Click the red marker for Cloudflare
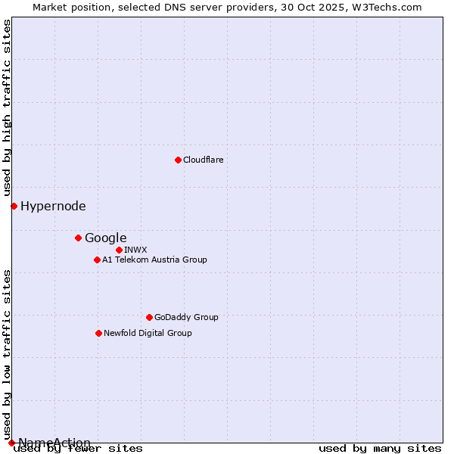178,160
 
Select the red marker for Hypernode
14,206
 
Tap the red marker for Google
78,238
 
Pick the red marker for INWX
119,250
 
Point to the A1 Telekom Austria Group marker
97,260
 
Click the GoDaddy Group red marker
149,317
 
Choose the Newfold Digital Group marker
98,333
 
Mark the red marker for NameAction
11,443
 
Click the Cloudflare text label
204,160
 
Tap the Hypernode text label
53,206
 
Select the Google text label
106,238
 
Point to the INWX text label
136,250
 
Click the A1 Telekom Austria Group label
154,260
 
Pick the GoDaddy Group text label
186,317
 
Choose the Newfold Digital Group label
148,333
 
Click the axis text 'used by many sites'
380,448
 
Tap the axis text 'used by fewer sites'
79,448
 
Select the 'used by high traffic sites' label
8,108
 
